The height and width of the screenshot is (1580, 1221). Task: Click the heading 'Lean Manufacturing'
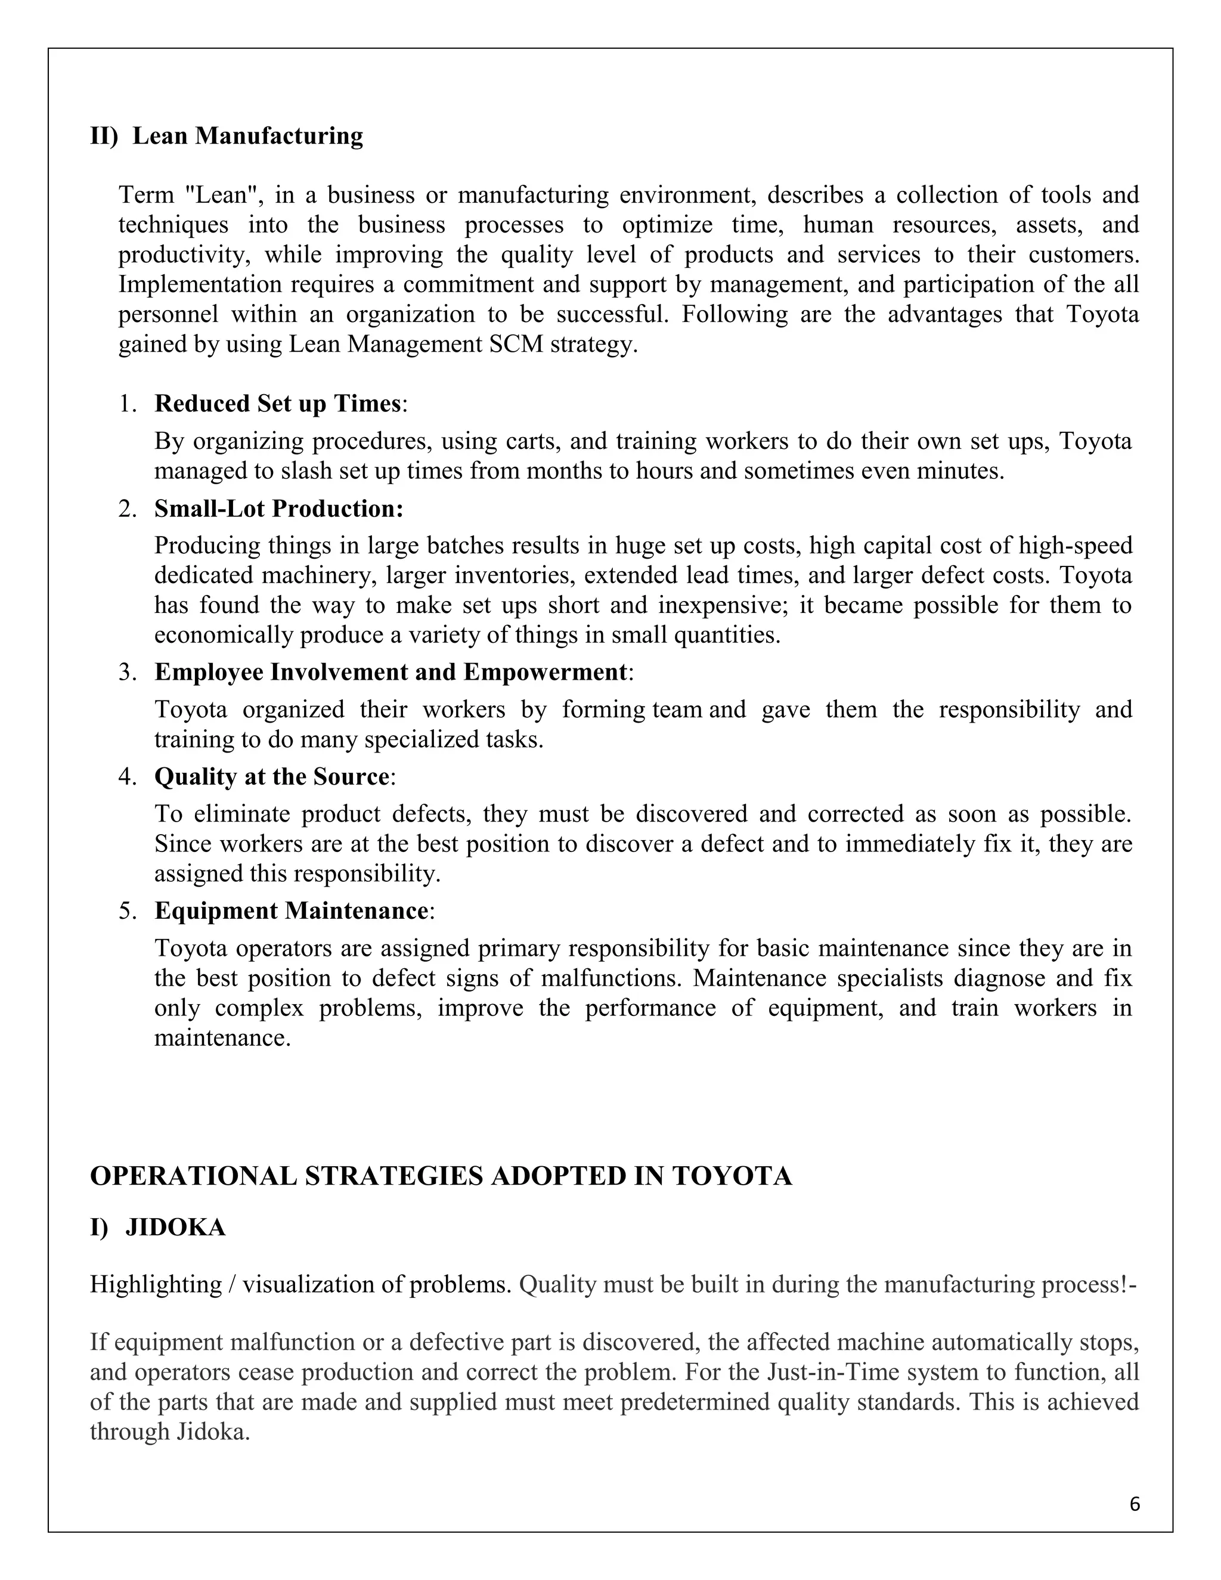point(247,135)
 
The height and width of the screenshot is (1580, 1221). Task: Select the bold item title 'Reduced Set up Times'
point(277,404)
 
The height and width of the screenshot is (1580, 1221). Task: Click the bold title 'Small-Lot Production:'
point(278,509)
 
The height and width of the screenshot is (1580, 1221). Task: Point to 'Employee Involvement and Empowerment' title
point(391,672)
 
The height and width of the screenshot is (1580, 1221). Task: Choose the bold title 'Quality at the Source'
point(271,777)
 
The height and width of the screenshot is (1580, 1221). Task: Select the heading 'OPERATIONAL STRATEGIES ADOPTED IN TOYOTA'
point(441,1176)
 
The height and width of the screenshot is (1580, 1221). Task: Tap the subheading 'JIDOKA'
point(175,1228)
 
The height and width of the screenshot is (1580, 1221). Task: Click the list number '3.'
point(128,673)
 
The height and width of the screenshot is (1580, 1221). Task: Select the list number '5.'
point(128,912)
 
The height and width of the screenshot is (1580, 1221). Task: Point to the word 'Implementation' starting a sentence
point(200,284)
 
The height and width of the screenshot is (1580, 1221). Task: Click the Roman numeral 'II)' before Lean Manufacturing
point(103,135)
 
